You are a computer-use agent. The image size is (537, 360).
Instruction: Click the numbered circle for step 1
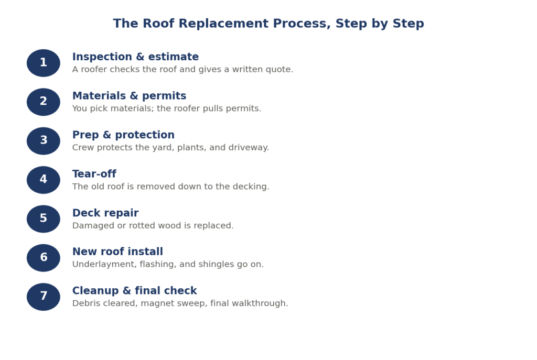click(x=44, y=63)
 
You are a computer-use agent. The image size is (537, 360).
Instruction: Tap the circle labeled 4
click(x=44, y=180)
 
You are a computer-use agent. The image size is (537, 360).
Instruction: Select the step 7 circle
click(x=44, y=297)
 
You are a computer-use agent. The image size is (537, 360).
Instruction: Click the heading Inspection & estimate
click(x=135, y=57)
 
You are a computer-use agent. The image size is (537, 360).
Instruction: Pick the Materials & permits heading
click(x=129, y=96)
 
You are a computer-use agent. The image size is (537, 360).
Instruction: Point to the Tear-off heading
click(x=94, y=174)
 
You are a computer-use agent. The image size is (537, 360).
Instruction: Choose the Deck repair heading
click(x=105, y=213)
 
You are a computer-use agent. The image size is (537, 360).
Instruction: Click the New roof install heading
click(x=117, y=252)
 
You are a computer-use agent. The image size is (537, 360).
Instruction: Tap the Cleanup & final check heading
click(x=135, y=290)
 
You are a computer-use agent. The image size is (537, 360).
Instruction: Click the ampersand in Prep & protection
click(x=107, y=135)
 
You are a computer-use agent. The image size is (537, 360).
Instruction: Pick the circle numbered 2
click(x=44, y=102)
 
